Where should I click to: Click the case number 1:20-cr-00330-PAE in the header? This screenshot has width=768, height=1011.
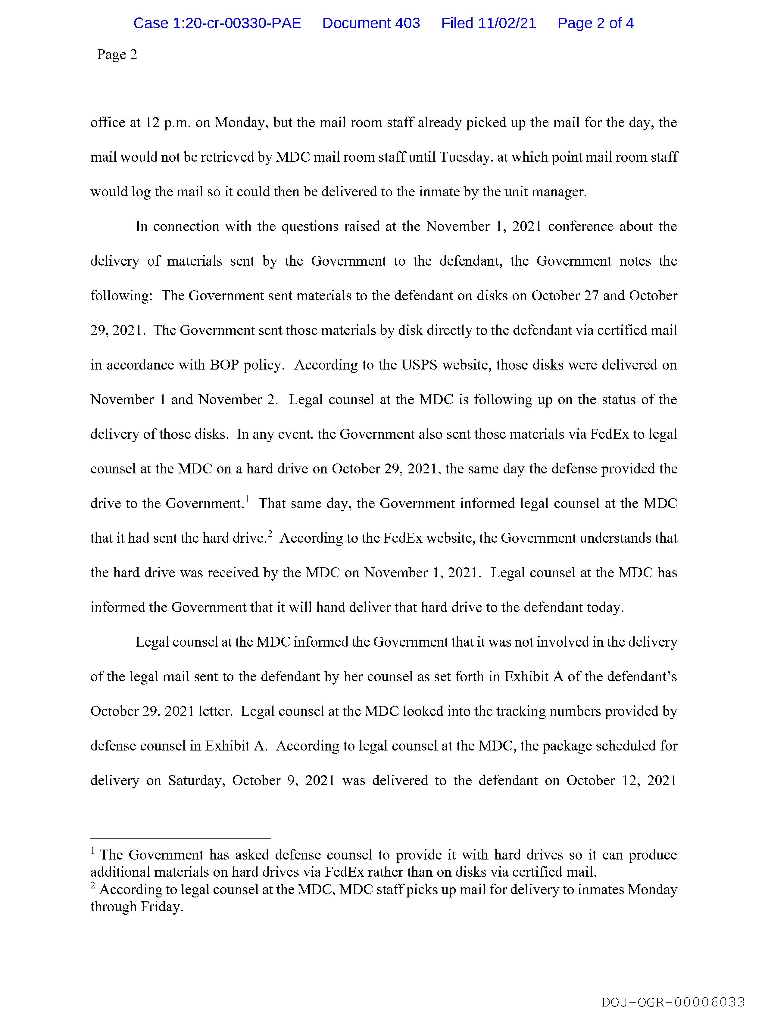tap(217, 23)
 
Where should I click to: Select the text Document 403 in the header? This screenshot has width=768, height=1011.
tap(371, 23)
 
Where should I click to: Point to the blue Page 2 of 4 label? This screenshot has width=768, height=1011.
tap(595, 23)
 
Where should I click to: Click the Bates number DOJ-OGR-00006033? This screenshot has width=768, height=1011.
tap(673, 1002)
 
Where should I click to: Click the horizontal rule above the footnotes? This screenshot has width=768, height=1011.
tap(181, 839)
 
